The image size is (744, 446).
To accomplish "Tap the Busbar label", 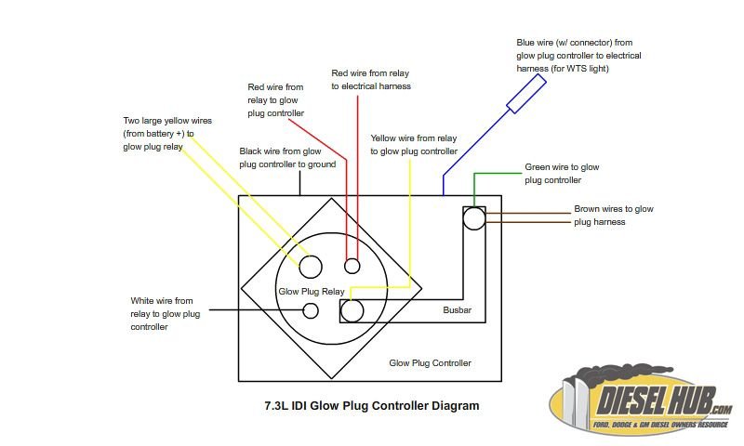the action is [457, 310].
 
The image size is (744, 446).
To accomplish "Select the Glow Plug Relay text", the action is [312, 292].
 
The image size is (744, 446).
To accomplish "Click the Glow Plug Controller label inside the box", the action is [430, 363].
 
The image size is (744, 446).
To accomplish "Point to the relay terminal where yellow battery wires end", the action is [311, 267].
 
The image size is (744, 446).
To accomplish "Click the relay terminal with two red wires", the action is [352, 266].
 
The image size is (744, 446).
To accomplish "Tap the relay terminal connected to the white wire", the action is [311, 310].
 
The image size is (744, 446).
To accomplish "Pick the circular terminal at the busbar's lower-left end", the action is [352, 311].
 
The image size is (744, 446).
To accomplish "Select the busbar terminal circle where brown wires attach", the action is [474, 218].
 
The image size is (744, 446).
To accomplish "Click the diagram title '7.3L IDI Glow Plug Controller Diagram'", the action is [372, 406].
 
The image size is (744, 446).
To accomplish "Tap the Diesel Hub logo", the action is [641, 399].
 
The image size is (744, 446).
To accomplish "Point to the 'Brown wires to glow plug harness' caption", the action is [614, 216].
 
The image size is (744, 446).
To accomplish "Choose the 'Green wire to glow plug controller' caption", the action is [562, 174].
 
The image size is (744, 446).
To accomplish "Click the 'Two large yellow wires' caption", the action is [167, 134].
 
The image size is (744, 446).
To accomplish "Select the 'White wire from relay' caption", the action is [166, 314].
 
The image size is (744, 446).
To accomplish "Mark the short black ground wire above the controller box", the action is [299, 183].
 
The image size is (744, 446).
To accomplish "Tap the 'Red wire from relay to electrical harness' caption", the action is [371, 80].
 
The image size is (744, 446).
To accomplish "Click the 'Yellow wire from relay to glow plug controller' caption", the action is [414, 145].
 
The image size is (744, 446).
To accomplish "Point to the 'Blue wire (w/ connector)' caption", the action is [578, 56].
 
